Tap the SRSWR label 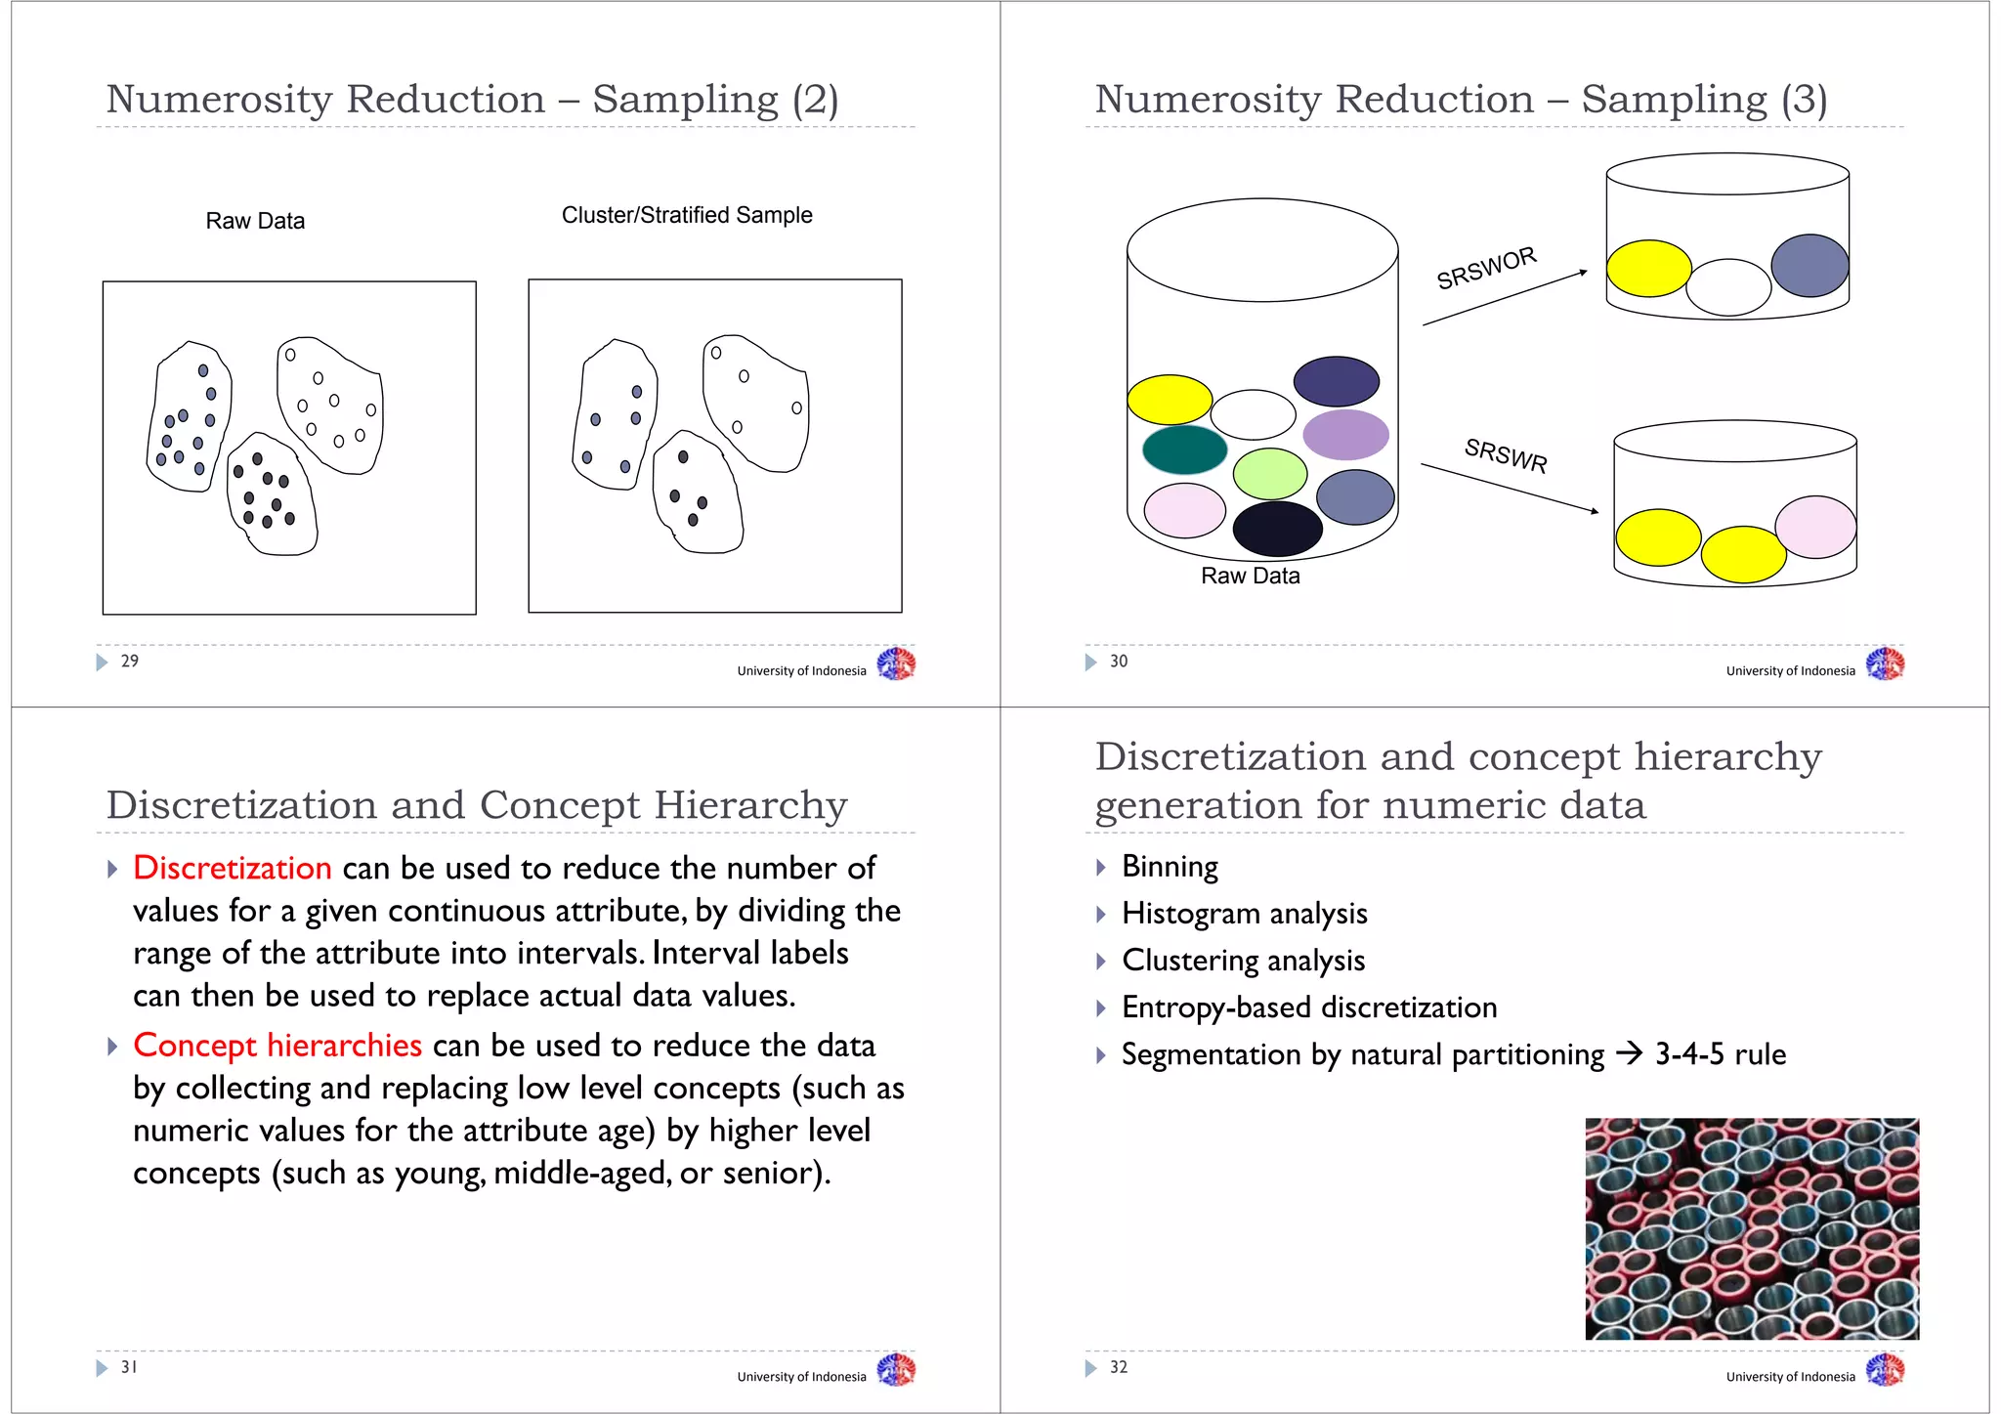point(1506,454)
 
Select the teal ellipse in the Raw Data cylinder point(1184,450)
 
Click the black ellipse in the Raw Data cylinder point(1277,529)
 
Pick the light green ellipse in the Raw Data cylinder point(1269,474)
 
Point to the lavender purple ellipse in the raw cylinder point(1345,435)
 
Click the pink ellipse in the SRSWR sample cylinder point(1815,527)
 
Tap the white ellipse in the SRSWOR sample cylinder point(1727,287)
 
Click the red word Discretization point(233,868)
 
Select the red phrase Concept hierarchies point(277,1046)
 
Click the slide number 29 point(130,662)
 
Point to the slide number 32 point(1119,1367)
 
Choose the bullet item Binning point(1170,867)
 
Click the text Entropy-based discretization point(1309,1007)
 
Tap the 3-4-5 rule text point(1721,1054)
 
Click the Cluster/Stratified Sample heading point(687,215)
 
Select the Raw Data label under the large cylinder point(1251,577)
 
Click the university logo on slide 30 point(1885,664)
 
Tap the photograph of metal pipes point(1752,1228)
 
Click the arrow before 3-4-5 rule point(1629,1053)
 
